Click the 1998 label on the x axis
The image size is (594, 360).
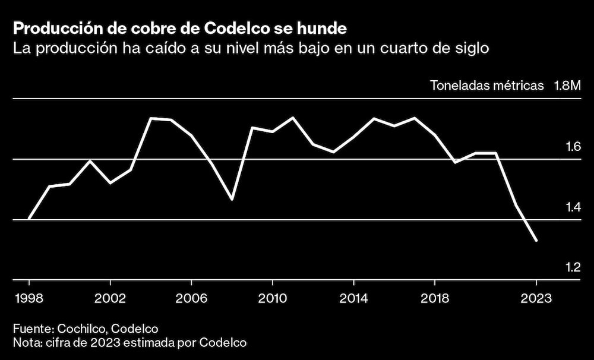click(29, 297)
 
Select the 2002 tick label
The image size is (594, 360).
click(110, 297)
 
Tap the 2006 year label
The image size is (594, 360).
click(191, 297)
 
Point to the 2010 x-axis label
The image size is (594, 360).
click(272, 297)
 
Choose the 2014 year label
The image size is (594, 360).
click(353, 297)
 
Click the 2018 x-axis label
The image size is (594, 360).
click(434, 297)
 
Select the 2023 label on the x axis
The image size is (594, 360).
click(536, 297)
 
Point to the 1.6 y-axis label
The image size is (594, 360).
click(573, 147)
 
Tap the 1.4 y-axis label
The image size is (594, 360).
click(573, 207)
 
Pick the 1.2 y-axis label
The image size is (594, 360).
click(573, 267)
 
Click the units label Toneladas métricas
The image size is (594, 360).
click(486, 86)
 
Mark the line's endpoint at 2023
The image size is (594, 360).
click(536, 241)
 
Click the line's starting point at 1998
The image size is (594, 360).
click(29, 219)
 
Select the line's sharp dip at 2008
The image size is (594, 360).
click(232, 199)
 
